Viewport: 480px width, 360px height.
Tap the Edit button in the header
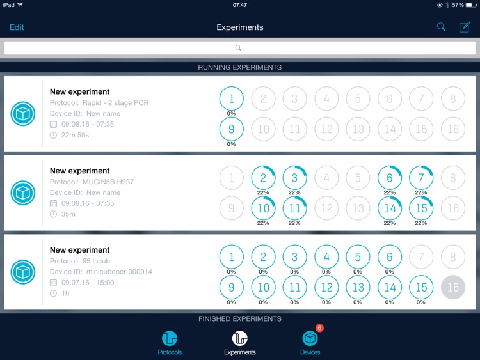pyautogui.click(x=17, y=27)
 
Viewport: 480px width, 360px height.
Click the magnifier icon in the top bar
pyautogui.click(x=441, y=27)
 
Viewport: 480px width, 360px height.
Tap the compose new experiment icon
pyautogui.click(x=465, y=27)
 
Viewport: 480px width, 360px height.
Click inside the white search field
pyautogui.click(x=240, y=48)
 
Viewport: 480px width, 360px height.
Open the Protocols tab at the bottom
pyautogui.click(x=170, y=343)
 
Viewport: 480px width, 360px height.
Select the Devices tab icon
pyautogui.click(x=310, y=338)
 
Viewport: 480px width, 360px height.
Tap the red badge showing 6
pyautogui.click(x=319, y=328)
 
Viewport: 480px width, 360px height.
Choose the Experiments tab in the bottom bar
pyautogui.click(x=240, y=343)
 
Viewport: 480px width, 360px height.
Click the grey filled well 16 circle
pyautogui.click(x=452, y=287)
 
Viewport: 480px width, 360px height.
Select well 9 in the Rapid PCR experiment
pyautogui.click(x=232, y=129)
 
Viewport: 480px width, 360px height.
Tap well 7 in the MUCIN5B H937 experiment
pyautogui.click(x=421, y=178)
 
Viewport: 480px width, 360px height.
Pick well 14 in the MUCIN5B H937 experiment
pyautogui.click(x=390, y=208)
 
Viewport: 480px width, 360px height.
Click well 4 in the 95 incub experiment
pyautogui.click(x=326, y=257)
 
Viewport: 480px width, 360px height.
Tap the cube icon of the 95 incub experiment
pyautogui.click(x=23, y=272)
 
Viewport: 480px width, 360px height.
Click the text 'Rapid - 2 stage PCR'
pyautogui.click(x=115, y=103)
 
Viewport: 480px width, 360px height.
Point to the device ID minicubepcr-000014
pyautogui.click(x=119, y=272)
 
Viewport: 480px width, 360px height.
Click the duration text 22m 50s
pyautogui.click(x=75, y=135)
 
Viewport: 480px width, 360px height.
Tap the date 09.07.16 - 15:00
pyautogui.click(x=88, y=283)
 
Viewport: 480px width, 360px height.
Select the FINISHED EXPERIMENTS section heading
pyautogui.click(x=240, y=318)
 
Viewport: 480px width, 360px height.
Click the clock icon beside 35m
pyautogui.click(x=53, y=214)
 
